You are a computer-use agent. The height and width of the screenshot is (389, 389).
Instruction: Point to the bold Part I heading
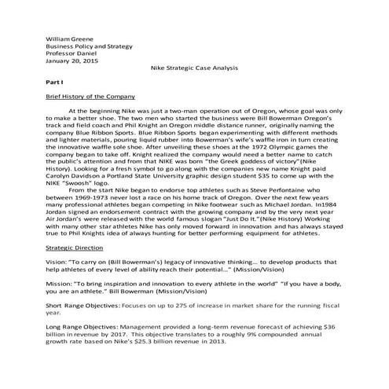tap(53, 82)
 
